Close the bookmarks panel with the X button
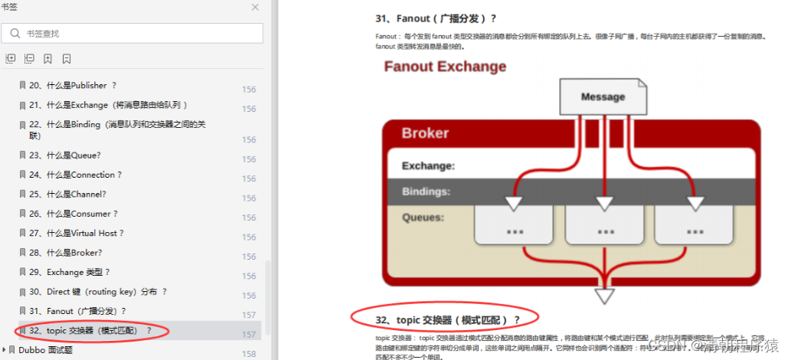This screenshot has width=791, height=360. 255,7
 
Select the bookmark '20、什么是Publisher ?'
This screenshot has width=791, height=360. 72,85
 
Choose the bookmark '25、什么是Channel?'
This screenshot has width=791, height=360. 67,194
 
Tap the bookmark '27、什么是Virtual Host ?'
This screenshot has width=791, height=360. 76,233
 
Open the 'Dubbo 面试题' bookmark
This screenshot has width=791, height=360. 45,350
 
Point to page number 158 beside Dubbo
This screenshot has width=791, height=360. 249,354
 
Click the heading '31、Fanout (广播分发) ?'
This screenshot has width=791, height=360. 436,18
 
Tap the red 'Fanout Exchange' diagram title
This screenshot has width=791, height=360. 445,66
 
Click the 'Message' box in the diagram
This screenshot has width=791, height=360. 603,97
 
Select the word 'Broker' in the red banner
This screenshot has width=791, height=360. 425,133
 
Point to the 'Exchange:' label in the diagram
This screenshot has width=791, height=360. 428,165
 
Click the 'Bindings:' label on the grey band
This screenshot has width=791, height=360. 426,191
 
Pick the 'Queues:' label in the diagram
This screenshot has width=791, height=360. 423,218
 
